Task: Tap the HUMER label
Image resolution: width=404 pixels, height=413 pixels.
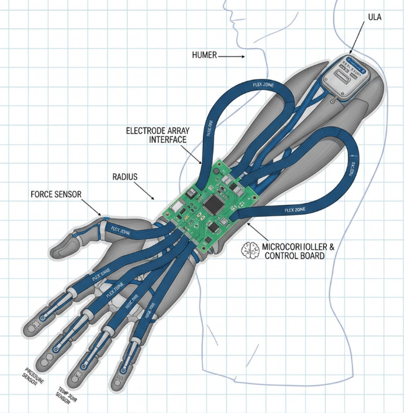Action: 205,56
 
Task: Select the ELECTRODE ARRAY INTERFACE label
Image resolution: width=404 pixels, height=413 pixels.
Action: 156,135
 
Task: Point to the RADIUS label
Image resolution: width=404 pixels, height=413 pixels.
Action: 125,177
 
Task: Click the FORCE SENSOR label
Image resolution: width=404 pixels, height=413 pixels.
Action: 55,194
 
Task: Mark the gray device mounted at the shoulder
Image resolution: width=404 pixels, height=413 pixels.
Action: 346,76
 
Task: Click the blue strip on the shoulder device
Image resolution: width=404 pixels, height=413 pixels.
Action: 355,62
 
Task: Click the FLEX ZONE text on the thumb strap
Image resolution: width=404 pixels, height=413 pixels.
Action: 121,230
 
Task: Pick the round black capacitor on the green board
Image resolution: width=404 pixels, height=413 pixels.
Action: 230,181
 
